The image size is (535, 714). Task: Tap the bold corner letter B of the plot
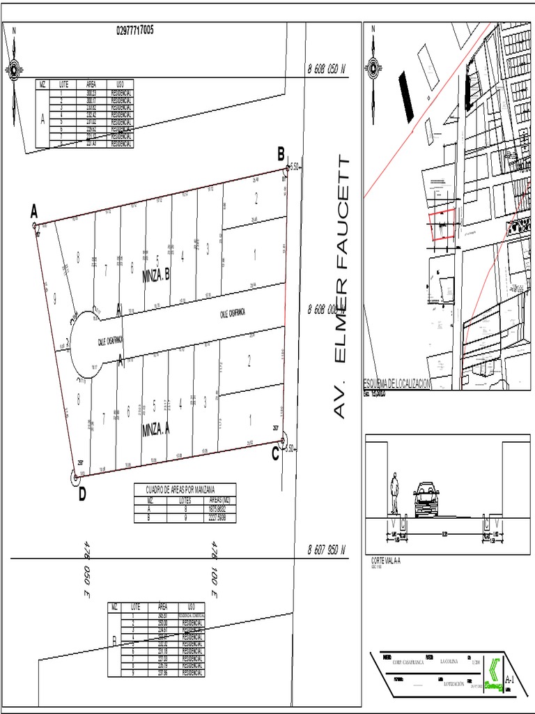281,154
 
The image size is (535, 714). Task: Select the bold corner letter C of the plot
275,455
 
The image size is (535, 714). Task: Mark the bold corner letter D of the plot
82,494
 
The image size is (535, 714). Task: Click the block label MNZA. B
156,277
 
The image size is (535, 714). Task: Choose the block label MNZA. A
156,430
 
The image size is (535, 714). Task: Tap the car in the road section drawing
426,499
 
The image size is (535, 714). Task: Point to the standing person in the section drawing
394,493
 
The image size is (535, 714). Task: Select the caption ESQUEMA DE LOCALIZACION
398,383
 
